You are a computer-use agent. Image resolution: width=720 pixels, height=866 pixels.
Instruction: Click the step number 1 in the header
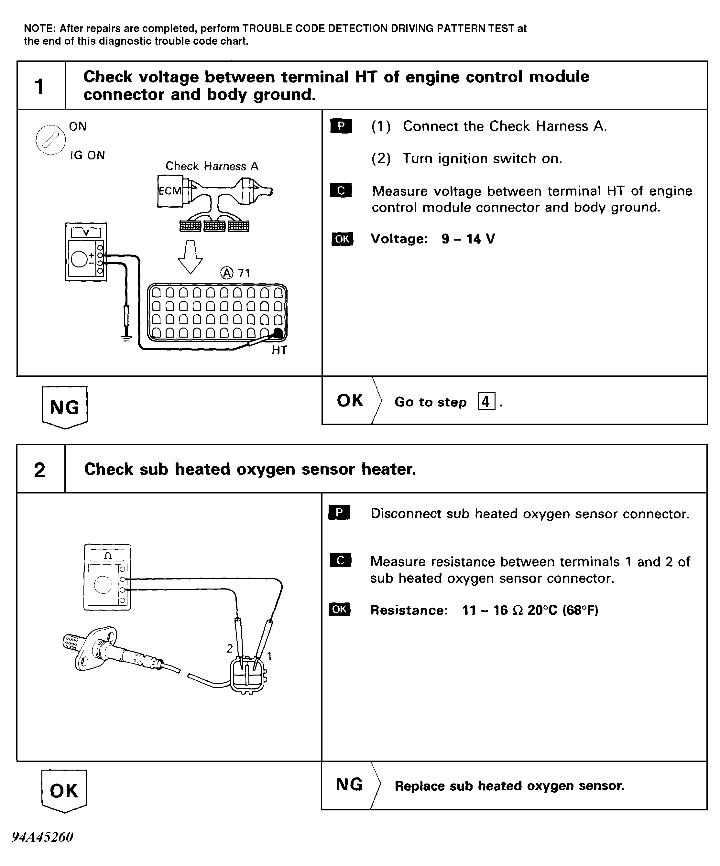point(39,87)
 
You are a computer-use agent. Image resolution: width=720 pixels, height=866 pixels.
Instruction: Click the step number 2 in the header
point(39,470)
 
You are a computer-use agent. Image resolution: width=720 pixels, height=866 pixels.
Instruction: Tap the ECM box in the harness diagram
point(169,191)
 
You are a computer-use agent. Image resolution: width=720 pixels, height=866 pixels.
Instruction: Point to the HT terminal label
point(279,350)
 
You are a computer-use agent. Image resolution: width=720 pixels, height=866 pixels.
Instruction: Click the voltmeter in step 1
point(86,252)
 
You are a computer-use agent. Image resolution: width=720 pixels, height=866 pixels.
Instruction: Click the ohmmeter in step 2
point(107,577)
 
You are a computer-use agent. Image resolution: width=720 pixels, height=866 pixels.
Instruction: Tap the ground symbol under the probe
point(126,338)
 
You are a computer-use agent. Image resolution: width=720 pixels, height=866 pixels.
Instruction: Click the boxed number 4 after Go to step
point(486,401)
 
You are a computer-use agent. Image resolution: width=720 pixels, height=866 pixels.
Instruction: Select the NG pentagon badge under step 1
point(65,407)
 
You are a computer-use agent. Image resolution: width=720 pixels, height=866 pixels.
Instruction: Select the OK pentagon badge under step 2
point(64,791)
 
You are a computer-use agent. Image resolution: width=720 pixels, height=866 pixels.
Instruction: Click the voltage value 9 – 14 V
point(468,239)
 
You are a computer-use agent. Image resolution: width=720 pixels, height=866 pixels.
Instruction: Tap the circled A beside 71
point(227,273)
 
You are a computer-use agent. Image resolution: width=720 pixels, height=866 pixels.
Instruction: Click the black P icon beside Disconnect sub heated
point(339,513)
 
